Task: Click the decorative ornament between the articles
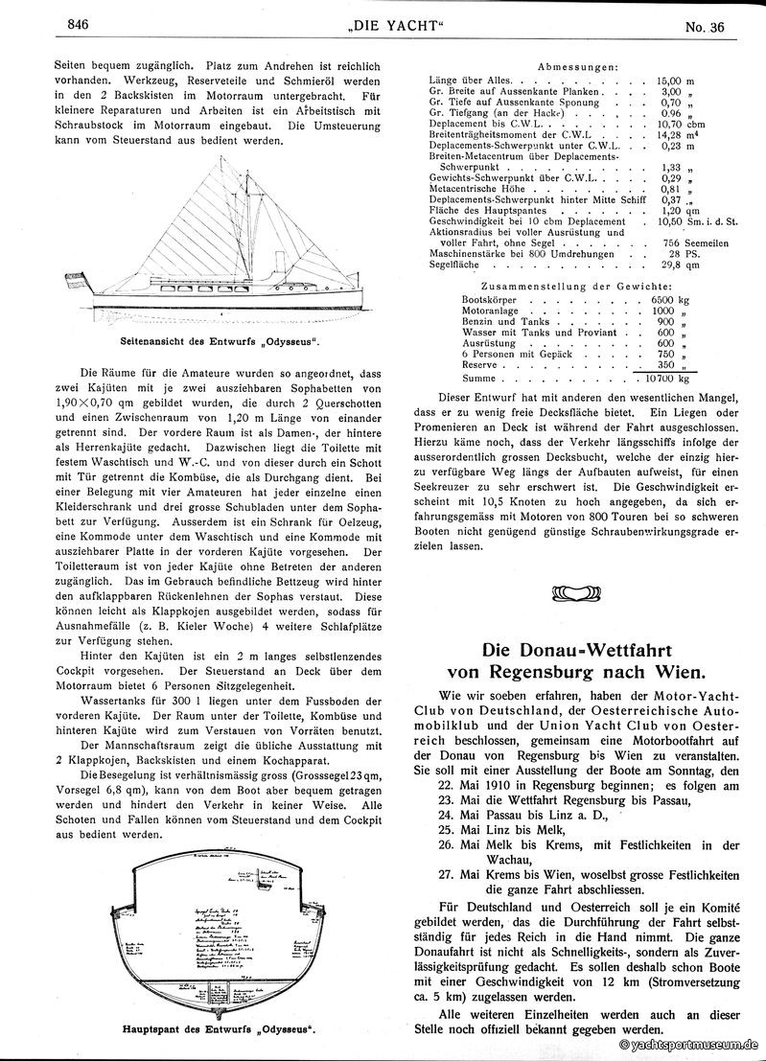click(579, 597)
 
